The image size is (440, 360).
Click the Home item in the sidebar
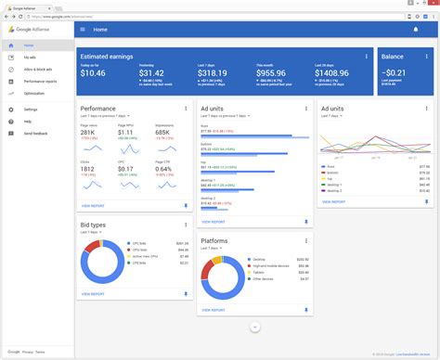[x=28, y=45]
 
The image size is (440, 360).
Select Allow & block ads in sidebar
[x=37, y=69]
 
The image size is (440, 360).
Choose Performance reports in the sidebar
[x=41, y=81]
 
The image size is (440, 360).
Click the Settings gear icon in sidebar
[x=11, y=109]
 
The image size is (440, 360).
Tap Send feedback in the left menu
[x=35, y=134]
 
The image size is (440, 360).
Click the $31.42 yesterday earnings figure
[x=151, y=72]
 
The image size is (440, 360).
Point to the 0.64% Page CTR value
[x=162, y=169]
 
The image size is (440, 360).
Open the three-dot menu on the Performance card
[x=188, y=109]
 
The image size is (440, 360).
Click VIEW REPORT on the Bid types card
[x=93, y=293]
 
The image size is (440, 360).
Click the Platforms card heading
[x=214, y=240]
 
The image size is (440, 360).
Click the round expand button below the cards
[x=255, y=327]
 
